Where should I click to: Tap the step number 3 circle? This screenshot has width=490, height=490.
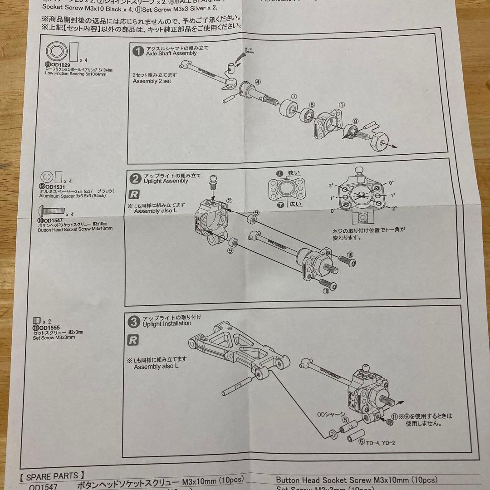tap(134, 322)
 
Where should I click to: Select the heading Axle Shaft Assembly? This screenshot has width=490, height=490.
tap(171, 53)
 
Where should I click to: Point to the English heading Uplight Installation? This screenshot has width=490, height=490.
tap(167, 323)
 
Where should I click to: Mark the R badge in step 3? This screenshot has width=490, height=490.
tap(133, 340)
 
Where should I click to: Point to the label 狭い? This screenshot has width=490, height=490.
tap(294, 173)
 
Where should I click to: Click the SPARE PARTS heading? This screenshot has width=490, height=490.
tap(53, 476)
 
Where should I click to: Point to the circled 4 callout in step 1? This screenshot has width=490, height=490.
tap(257, 82)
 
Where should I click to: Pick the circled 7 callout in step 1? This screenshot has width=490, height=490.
tap(294, 97)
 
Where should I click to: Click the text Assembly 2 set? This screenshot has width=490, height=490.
tap(152, 81)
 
